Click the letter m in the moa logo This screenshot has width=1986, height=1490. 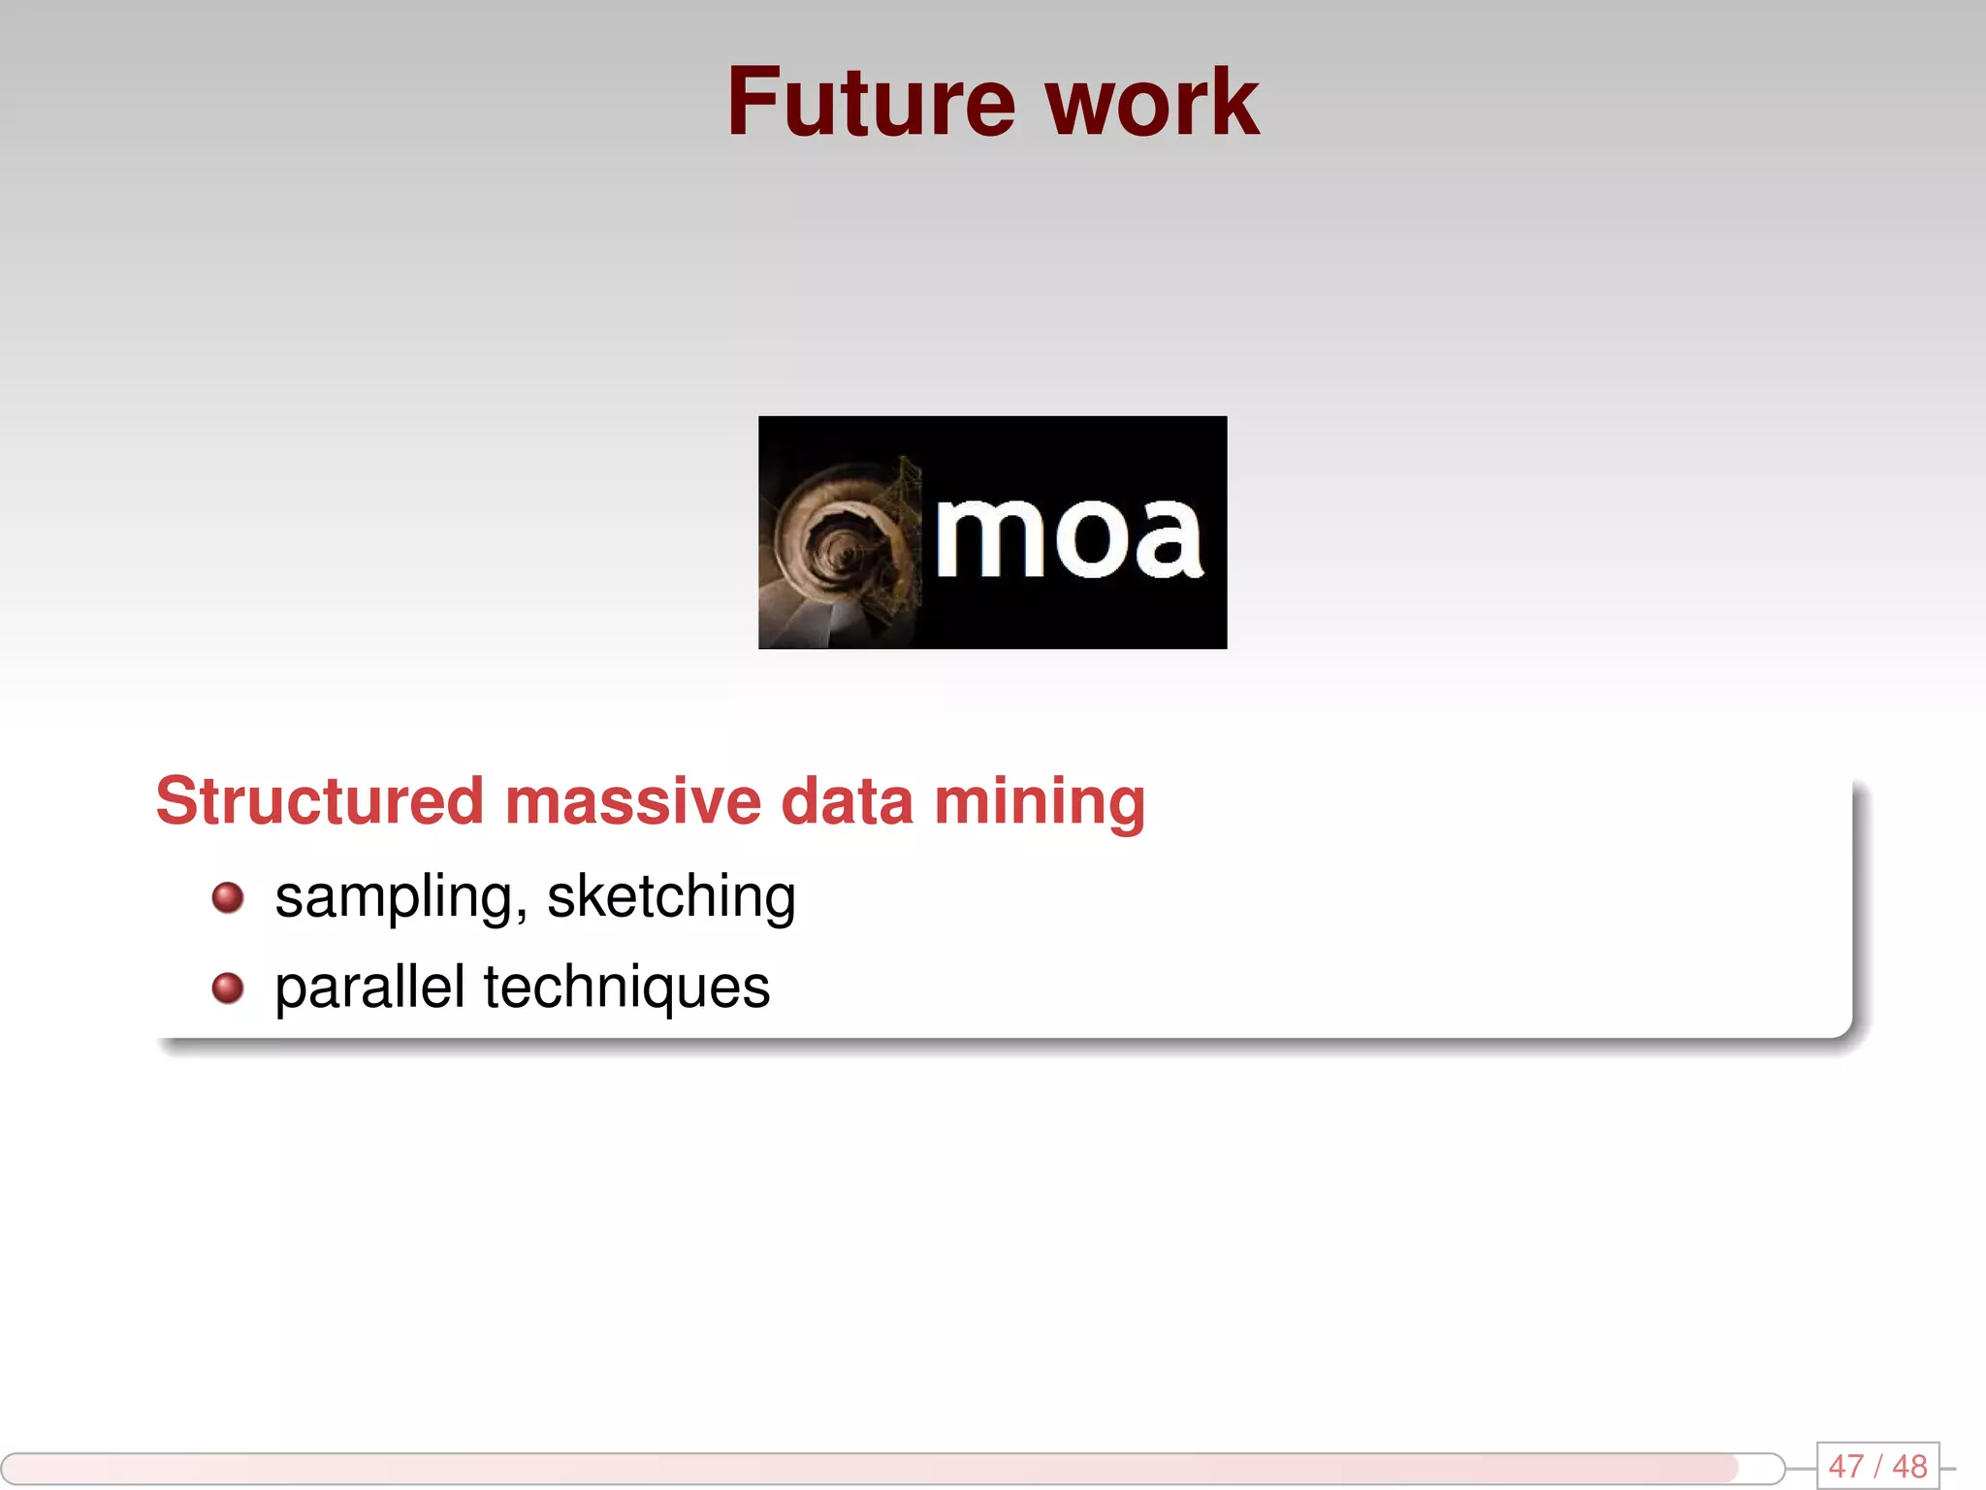pos(989,536)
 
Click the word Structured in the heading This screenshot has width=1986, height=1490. pos(319,801)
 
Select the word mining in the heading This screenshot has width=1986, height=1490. pos(1039,803)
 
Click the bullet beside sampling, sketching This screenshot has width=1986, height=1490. pos(228,897)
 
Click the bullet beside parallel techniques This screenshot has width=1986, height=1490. pos(228,988)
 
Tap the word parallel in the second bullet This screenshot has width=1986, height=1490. pos(369,987)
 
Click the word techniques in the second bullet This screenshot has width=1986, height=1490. pos(626,988)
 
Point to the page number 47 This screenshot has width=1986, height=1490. pos(1845,1466)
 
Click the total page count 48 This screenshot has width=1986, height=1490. pos(1909,1466)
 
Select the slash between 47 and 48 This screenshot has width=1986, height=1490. pos(1877,1466)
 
